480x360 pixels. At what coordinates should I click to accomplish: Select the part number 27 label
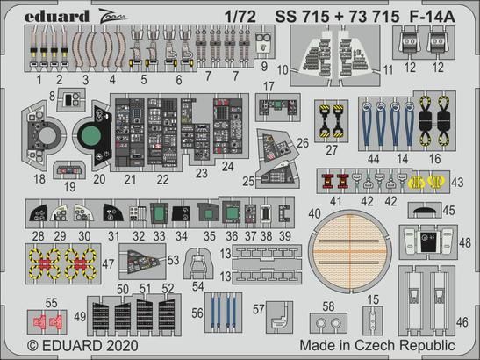point(330,150)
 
